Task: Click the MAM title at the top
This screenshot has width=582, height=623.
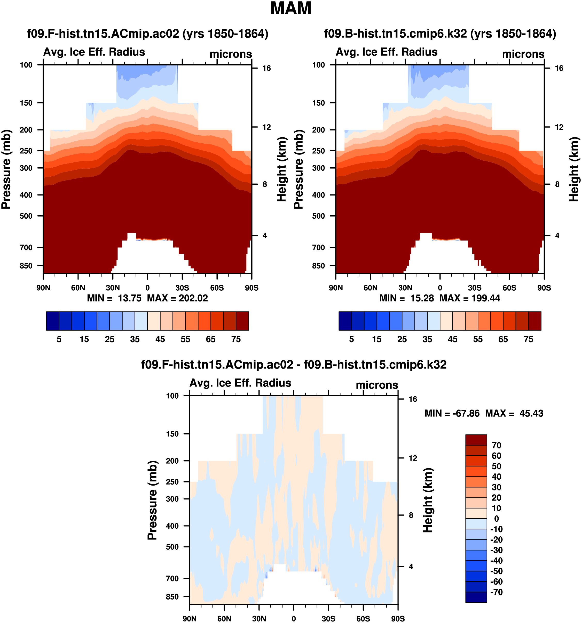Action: pyautogui.click(x=290, y=9)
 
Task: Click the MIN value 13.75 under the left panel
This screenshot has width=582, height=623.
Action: pyautogui.click(x=130, y=298)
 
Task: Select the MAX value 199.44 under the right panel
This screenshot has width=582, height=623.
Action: pyautogui.click(x=486, y=298)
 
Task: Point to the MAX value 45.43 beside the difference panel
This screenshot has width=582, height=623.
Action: pyautogui.click(x=531, y=413)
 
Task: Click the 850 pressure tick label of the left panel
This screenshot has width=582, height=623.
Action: pyautogui.click(x=26, y=266)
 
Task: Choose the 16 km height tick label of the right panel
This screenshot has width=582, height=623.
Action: pyautogui.click(x=559, y=68)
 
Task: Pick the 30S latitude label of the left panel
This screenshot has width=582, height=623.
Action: pyautogui.click(x=182, y=288)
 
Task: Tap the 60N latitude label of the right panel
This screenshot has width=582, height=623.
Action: pyautogui.click(x=371, y=288)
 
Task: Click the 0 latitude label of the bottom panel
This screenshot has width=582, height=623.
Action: pyautogui.click(x=294, y=619)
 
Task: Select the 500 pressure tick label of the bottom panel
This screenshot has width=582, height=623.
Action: pyautogui.click(x=172, y=547)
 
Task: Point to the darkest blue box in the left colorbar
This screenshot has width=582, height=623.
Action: pyautogui.click(x=52, y=321)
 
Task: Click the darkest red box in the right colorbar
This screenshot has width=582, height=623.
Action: pyautogui.click(x=535, y=321)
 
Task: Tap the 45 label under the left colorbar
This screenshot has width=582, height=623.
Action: pyautogui.click(x=160, y=339)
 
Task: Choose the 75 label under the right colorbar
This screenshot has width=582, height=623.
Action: pyautogui.click(x=528, y=339)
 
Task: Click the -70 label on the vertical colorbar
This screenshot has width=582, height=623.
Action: pyautogui.click(x=496, y=592)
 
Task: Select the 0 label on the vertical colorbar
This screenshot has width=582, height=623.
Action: pyautogui.click(x=496, y=519)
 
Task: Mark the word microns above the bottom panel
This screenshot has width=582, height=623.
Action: pyautogui.click(x=377, y=385)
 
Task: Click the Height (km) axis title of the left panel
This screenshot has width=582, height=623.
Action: pyautogui.click(x=282, y=169)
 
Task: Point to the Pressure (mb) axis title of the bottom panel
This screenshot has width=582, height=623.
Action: pyautogui.click(x=152, y=500)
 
